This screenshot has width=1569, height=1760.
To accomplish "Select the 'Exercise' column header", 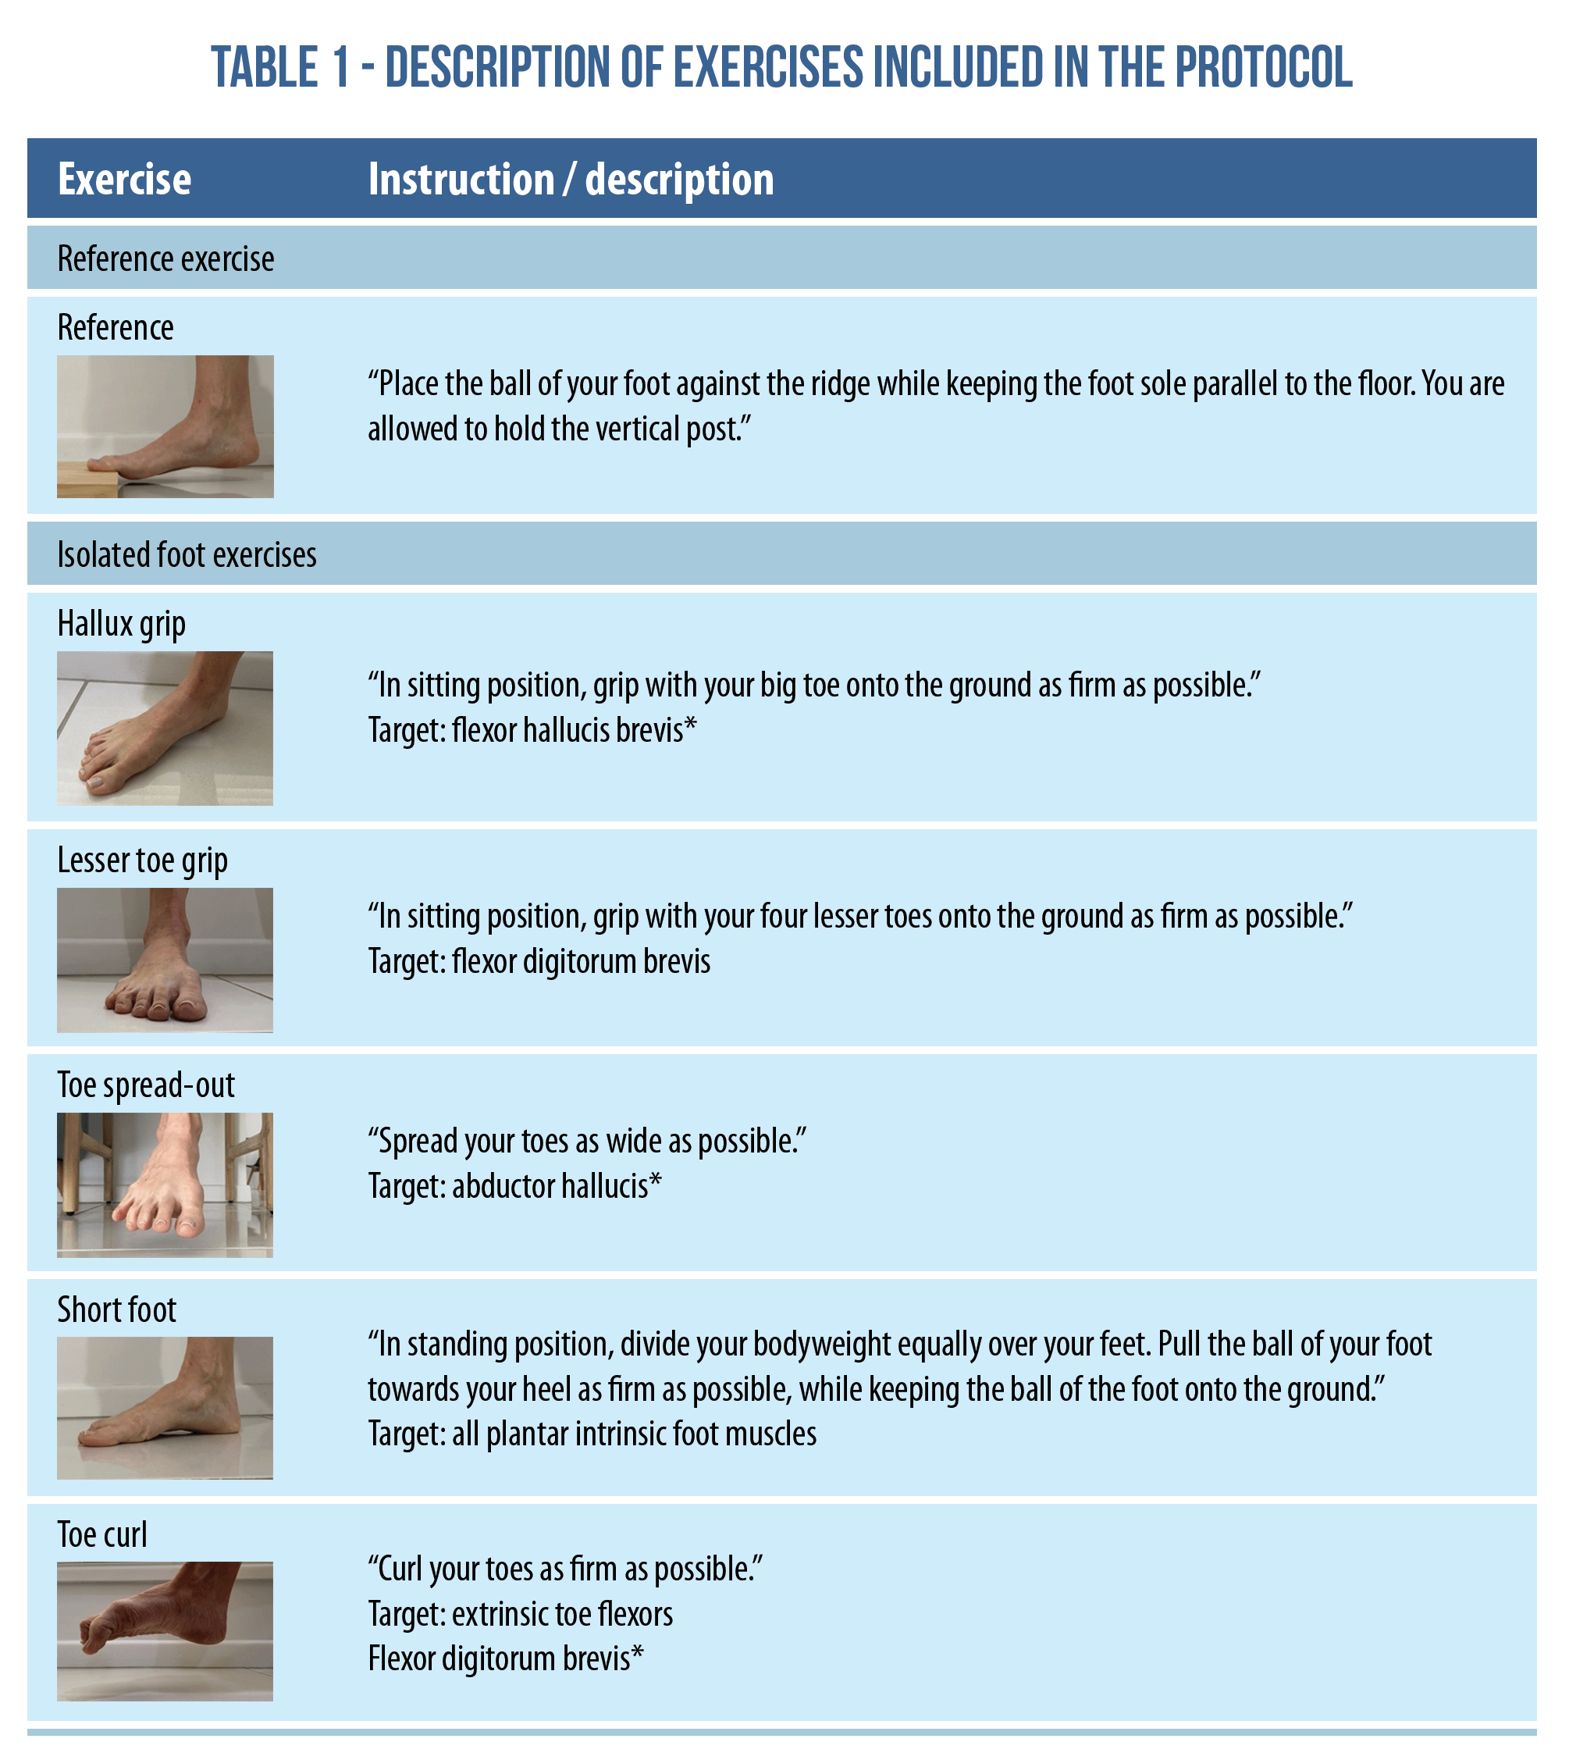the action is click(124, 180).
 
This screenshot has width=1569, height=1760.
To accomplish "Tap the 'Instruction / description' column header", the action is click(571, 180).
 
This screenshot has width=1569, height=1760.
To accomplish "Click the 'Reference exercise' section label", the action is click(165, 258).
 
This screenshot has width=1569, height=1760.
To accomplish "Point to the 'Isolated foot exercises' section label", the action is click(187, 554).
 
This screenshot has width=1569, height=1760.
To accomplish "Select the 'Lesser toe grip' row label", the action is click(142, 860).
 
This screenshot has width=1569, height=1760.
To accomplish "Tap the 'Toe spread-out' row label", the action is click(146, 1085).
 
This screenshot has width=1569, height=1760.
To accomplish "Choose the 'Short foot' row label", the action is click(116, 1310).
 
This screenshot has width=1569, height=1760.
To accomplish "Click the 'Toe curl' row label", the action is click(101, 1535).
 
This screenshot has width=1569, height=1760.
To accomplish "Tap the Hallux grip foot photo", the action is click(165, 729).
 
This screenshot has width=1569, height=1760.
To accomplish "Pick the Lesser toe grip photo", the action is click(165, 960).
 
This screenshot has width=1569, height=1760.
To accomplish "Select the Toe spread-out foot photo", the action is click(165, 1185).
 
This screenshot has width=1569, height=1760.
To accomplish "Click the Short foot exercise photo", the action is click(165, 1408).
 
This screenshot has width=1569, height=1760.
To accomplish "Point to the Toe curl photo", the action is click(165, 1631).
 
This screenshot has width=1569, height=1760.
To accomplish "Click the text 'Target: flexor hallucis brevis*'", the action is click(532, 730).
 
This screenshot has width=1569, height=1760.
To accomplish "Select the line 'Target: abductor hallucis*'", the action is click(514, 1187).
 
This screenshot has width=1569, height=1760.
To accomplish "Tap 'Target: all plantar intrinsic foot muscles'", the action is click(592, 1434).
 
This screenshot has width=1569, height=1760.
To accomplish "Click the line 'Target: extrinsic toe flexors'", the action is click(521, 1614).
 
